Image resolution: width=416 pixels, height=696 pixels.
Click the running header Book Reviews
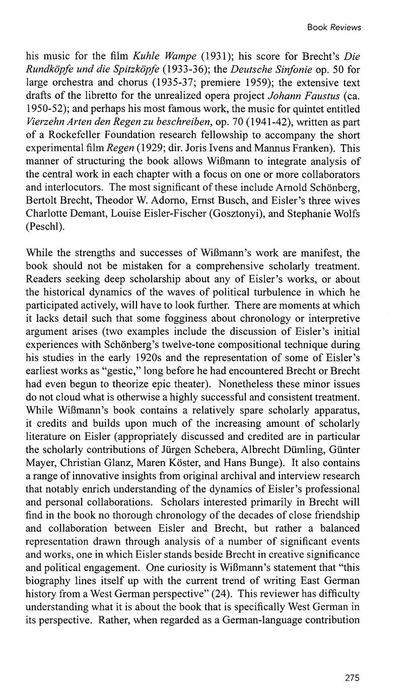pos(334,27)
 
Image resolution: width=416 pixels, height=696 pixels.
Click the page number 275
pos(353,678)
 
